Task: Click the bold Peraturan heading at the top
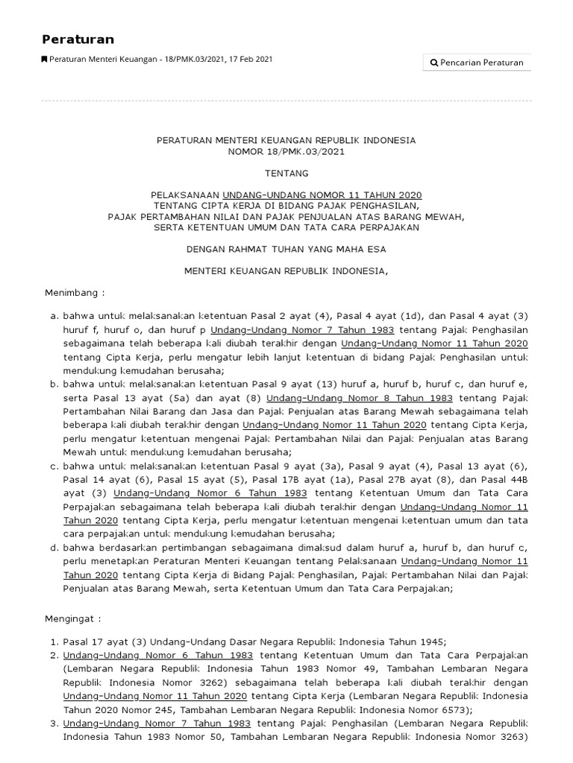(x=78, y=39)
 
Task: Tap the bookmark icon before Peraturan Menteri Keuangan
(x=44, y=60)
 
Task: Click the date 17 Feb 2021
(x=252, y=60)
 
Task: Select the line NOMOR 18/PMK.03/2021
(x=286, y=151)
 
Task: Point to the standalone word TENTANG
(x=286, y=173)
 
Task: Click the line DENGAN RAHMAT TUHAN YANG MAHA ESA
(x=286, y=249)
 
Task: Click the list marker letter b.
(x=54, y=384)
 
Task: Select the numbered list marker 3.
(x=54, y=723)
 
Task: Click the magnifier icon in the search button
(x=434, y=63)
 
